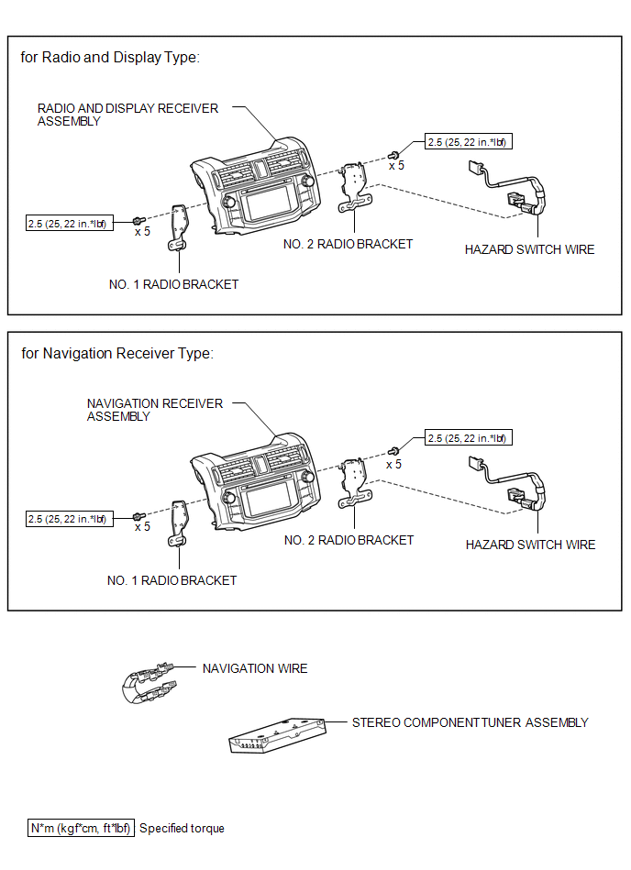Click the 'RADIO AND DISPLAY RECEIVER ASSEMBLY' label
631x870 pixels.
tap(127, 115)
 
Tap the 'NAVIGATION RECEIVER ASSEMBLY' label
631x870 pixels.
tap(154, 410)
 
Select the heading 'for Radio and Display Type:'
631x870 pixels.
tap(110, 57)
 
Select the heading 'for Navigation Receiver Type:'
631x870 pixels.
tap(117, 353)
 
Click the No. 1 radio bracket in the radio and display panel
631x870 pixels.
tap(176, 226)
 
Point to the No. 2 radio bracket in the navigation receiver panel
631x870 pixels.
tap(355, 481)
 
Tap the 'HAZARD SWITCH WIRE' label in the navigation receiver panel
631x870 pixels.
tap(530, 545)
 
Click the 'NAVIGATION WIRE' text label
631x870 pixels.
tap(255, 668)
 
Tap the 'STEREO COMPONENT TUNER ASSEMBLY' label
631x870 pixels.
tap(470, 722)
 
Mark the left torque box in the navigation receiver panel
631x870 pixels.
tap(69, 519)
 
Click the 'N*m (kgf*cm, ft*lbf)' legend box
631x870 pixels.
tap(82, 828)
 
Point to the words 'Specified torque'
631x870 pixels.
tap(182, 828)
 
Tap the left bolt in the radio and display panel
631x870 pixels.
tap(138, 221)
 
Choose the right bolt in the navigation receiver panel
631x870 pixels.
tap(393, 450)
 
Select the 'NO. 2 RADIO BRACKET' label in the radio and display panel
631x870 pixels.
tap(348, 244)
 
